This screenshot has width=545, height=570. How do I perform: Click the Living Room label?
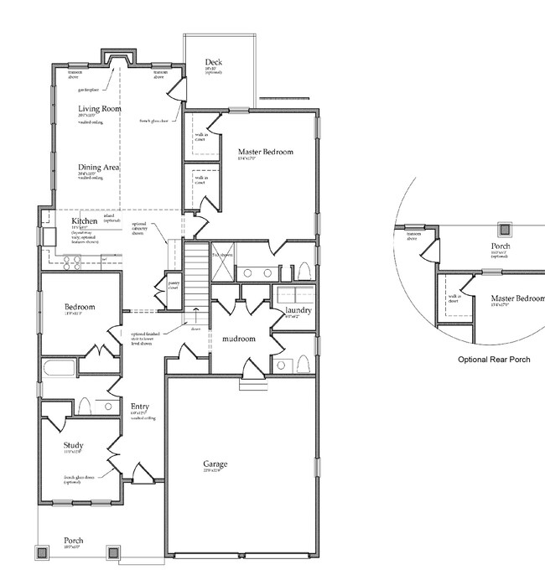[101, 109]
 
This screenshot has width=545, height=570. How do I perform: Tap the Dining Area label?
[99, 168]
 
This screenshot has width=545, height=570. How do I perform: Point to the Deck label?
[213, 61]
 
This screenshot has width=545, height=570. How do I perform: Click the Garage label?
[215, 464]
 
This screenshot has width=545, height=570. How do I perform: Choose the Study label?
[74, 445]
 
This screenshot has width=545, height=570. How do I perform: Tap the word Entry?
[139, 407]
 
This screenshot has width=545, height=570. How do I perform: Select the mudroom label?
[239, 339]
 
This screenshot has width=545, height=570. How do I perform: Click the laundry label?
[298, 311]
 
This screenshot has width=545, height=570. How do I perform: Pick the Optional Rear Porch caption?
[494, 359]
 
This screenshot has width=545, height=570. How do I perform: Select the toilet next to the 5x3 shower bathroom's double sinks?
[304, 271]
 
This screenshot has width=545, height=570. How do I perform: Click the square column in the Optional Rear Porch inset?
[504, 229]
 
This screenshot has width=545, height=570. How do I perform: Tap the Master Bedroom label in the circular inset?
[517, 298]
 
